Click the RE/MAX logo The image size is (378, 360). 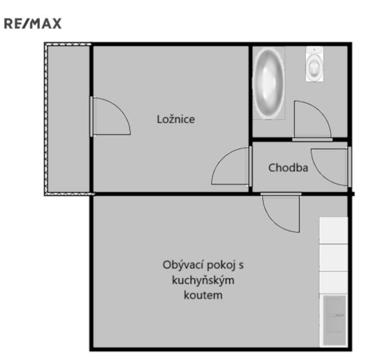[x=33, y=23]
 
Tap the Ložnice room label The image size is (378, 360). [x=176, y=119]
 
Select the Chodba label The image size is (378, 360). [x=288, y=168]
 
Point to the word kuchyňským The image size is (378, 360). [x=203, y=280]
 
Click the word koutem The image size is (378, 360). [x=203, y=295]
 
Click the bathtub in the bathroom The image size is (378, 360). [x=269, y=83]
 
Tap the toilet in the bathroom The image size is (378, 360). [x=314, y=64]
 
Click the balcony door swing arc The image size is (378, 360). [x=120, y=109]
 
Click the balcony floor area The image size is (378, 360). [x=68, y=119]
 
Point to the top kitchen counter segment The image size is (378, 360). [x=334, y=230]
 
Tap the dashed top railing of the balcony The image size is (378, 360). [x=68, y=44]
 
